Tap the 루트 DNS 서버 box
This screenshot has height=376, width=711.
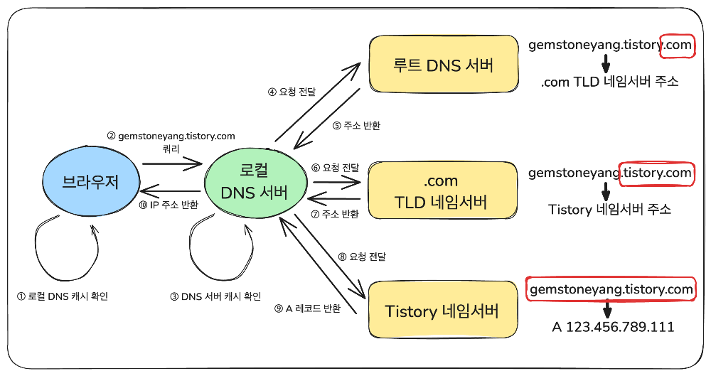point(443,66)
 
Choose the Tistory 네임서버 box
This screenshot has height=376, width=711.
point(442,311)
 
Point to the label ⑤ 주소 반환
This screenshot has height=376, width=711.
point(356,126)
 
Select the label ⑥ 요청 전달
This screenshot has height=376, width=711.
point(336,168)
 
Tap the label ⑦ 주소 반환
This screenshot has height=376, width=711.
point(336,213)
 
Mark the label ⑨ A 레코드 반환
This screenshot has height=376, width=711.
point(307,308)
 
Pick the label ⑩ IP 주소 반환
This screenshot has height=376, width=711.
point(169,205)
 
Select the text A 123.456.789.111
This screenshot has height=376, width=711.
point(613,327)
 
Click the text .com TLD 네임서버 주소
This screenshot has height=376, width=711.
point(609,82)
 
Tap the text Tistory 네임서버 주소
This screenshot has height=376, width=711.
point(610,210)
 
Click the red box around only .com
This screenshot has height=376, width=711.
point(675,45)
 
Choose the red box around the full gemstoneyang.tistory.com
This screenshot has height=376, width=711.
point(611,289)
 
